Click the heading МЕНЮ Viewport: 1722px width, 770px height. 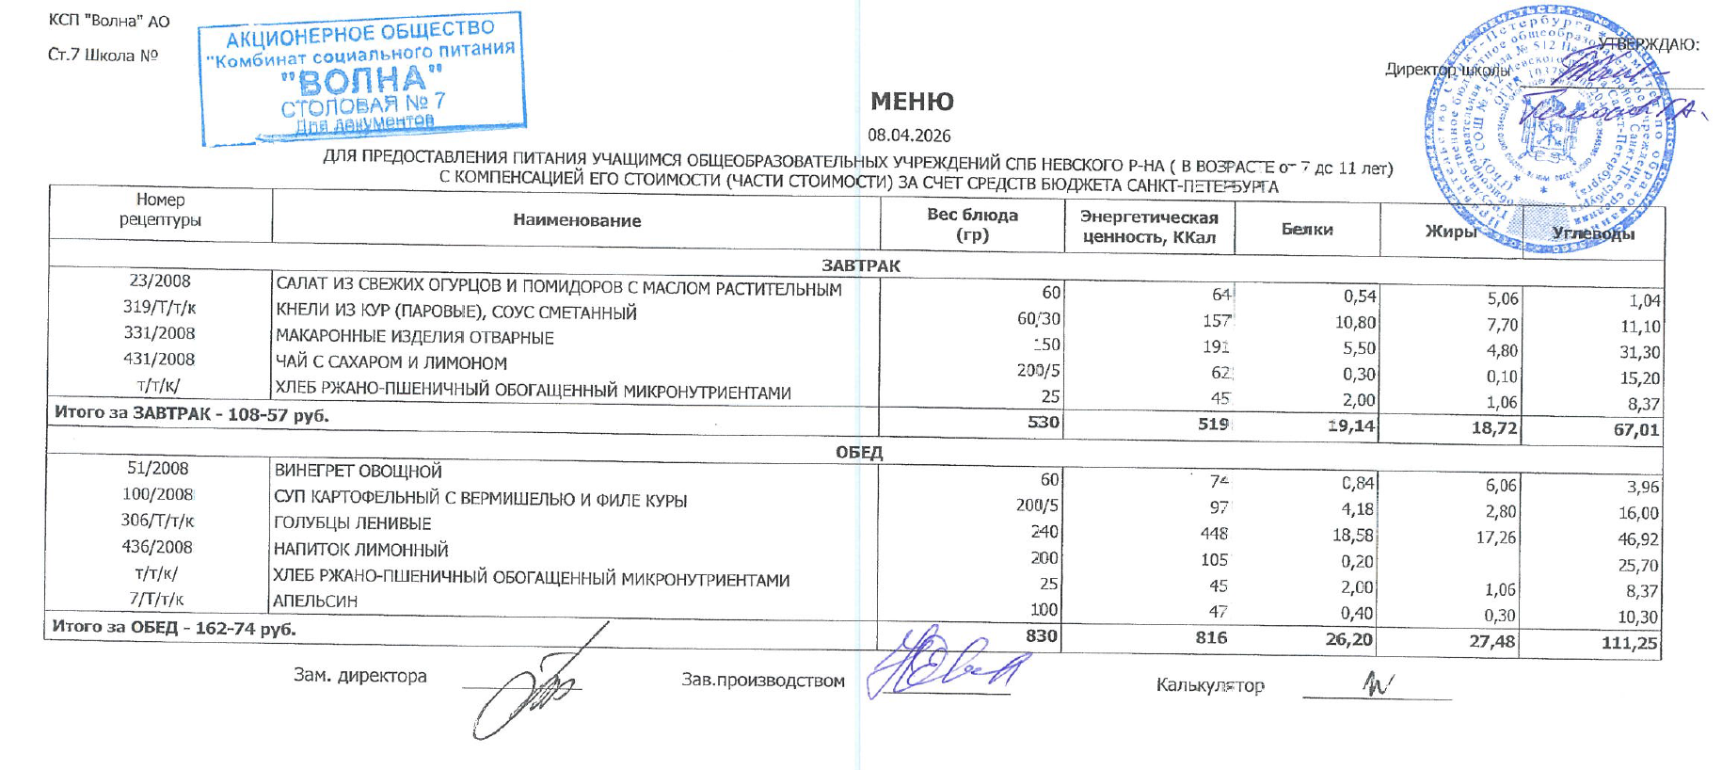(x=912, y=102)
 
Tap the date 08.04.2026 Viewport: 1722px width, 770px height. (x=909, y=136)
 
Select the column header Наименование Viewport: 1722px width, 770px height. (x=577, y=220)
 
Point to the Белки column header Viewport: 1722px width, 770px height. (x=1307, y=229)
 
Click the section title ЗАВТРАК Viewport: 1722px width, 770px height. (x=860, y=265)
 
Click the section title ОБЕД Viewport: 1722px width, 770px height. (x=858, y=452)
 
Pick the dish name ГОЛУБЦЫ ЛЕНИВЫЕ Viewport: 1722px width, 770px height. (x=352, y=523)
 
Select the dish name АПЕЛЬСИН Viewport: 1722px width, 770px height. (x=314, y=601)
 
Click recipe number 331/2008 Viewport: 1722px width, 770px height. (x=159, y=333)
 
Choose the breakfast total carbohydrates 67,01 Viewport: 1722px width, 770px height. (x=1636, y=430)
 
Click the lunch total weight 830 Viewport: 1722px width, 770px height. (x=1042, y=636)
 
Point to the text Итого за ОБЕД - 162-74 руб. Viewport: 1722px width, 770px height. (x=174, y=628)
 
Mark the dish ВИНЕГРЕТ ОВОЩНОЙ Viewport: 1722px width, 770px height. (x=358, y=471)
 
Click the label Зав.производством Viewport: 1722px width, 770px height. (x=763, y=681)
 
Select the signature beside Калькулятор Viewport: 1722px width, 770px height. (x=1378, y=684)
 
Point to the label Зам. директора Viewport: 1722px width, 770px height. (x=359, y=676)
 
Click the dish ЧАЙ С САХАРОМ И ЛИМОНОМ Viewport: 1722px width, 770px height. (x=391, y=363)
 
